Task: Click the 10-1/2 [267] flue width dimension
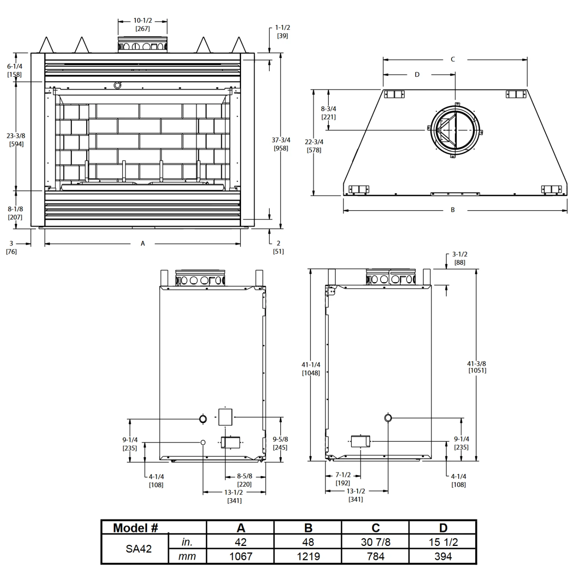tap(142, 24)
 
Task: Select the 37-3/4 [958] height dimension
tap(281, 144)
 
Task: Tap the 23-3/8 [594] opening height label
tap(16, 140)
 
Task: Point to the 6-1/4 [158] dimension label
tap(14, 70)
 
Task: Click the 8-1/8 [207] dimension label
tap(15, 213)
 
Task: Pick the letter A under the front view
tap(143, 243)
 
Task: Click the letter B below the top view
tap(453, 210)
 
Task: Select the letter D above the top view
tap(417, 74)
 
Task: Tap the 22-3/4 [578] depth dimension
tap(314, 146)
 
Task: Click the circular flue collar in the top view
tap(455, 130)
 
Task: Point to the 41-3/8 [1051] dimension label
tap(477, 367)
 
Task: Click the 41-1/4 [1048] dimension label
tap(311, 369)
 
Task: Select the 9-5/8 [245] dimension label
tap(280, 443)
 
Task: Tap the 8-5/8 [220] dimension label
tap(245, 480)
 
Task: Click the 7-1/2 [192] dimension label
tap(343, 479)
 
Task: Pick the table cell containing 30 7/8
tap(375, 542)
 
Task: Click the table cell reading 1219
tap(308, 556)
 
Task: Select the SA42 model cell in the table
tap(139, 549)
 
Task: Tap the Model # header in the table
tap(135, 528)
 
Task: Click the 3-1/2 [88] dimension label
tap(460, 258)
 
